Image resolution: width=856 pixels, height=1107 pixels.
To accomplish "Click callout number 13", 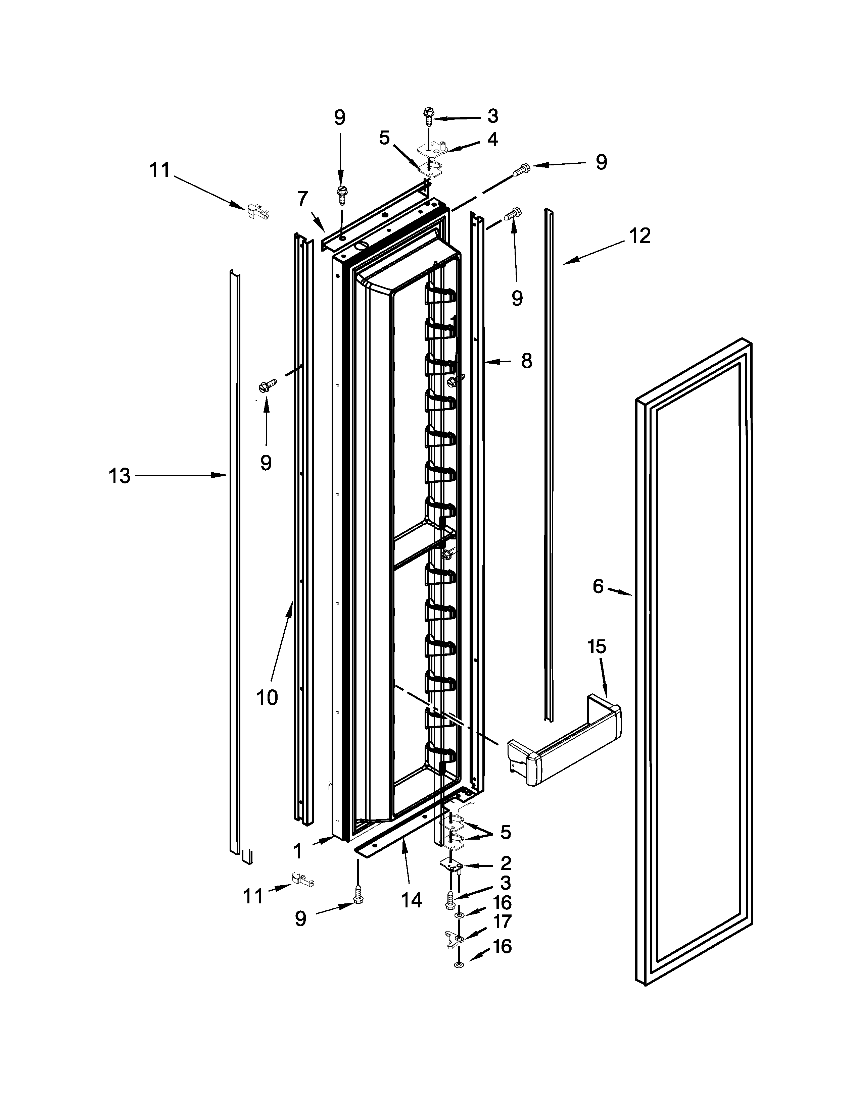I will click(120, 476).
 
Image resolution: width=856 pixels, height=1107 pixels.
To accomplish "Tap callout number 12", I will click(639, 236).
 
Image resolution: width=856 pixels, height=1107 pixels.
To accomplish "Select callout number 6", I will click(599, 586).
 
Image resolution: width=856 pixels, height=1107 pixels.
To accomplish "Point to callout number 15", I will click(597, 647).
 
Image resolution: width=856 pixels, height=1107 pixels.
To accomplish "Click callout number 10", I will click(267, 698).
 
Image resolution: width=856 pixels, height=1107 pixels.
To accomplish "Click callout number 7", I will click(303, 199).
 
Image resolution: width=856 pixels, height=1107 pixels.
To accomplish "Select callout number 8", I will click(526, 361).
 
